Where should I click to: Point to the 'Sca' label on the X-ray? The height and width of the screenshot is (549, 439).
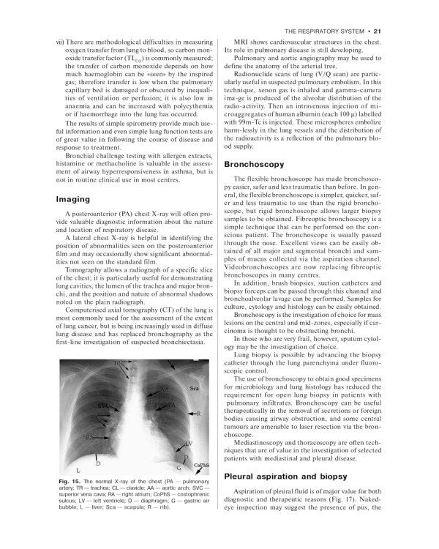point(195,388)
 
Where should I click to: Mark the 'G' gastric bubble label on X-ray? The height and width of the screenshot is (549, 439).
point(179,466)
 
